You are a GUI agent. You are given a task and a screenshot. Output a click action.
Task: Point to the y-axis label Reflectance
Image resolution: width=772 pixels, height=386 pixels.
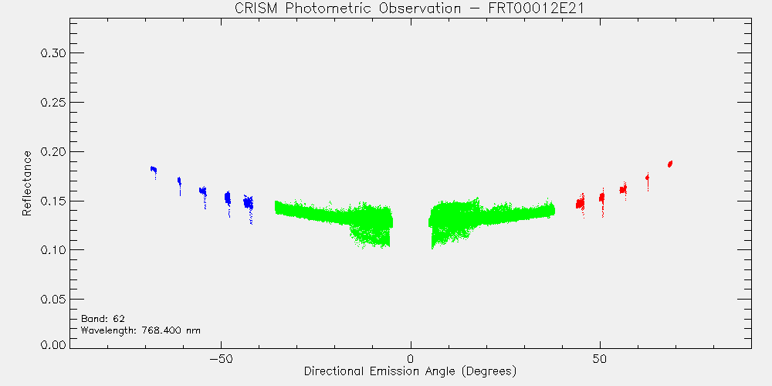pyautogui.click(x=27, y=183)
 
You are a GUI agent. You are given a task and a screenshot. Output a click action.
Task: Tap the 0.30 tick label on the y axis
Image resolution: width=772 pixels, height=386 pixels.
pyautogui.click(x=52, y=52)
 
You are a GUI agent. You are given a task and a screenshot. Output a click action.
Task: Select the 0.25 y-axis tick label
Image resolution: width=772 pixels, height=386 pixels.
pyautogui.click(x=52, y=102)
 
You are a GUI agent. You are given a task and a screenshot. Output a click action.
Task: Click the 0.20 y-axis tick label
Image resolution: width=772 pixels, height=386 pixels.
pyautogui.click(x=52, y=151)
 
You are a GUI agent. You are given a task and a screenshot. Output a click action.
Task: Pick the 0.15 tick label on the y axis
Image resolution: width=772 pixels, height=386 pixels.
pyautogui.click(x=52, y=201)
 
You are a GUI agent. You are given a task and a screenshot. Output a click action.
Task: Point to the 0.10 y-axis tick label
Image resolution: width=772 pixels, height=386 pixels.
pyautogui.click(x=52, y=249)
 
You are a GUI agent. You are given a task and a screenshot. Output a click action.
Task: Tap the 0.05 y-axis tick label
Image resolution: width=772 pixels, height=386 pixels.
pyautogui.click(x=52, y=299)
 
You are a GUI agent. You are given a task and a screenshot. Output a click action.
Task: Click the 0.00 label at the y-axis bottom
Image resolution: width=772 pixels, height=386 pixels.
pyautogui.click(x=52, y=344)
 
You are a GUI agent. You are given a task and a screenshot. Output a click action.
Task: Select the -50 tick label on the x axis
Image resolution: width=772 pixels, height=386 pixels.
pyautogui.click(x=221, y=358)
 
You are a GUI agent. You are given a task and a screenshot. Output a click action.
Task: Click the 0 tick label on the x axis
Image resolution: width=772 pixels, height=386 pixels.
pyautogui.click(x=411, y=358)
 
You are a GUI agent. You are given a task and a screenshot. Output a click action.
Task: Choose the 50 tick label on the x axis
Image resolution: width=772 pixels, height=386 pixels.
pyautogui.click(x=600, y=358)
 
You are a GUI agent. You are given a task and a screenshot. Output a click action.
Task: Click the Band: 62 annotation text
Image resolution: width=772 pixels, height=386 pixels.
pyautogui.click(x=103, y=318)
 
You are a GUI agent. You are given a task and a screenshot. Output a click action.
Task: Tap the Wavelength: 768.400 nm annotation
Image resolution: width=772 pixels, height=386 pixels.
pyautogui.click(x=141, y=330)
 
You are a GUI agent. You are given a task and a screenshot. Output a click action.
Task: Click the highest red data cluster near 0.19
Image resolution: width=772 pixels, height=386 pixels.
pyautogui.click(x=670, y=164)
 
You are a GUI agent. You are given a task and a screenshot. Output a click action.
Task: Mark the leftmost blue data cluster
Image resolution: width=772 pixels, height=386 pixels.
pyautogui.click(x=154, y=170)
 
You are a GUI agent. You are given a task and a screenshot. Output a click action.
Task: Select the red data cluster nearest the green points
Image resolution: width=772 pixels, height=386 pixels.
pyautogui.click(x=581, y=203)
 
